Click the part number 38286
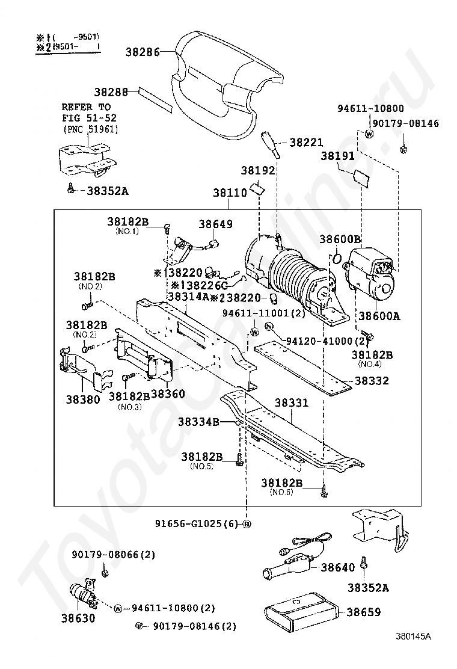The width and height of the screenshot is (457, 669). point(143,52)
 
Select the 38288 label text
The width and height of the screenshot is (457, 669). point(111,93)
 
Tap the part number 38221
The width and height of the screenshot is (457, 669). point(306,143)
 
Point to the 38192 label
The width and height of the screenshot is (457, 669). point(258,171)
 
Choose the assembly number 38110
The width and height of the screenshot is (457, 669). point(230,194)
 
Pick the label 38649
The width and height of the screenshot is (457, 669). point(215,224)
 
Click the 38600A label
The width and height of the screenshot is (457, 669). point(379,315)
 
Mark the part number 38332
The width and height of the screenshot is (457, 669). point(372,381)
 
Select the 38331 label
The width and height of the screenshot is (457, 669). point(292,402)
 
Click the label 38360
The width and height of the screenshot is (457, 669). point(168,394)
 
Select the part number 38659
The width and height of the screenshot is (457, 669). point(364,612)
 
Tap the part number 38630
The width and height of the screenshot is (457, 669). point(78,617)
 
